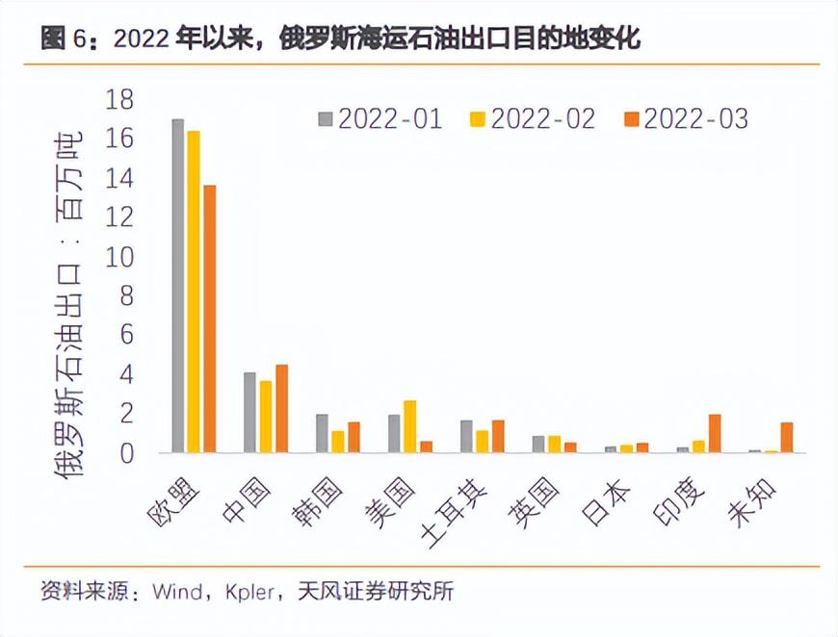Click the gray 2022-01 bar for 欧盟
click(178, 286)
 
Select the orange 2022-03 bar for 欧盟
click(209, 318)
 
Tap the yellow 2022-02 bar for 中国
click(266, 417)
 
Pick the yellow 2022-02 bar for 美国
click(409, 426)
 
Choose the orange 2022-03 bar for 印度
click(714, 433)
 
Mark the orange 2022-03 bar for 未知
click(786, 437)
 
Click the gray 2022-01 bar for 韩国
click(322, 433)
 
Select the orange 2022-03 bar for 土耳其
click(498, 436)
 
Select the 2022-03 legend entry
click(685, 118)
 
